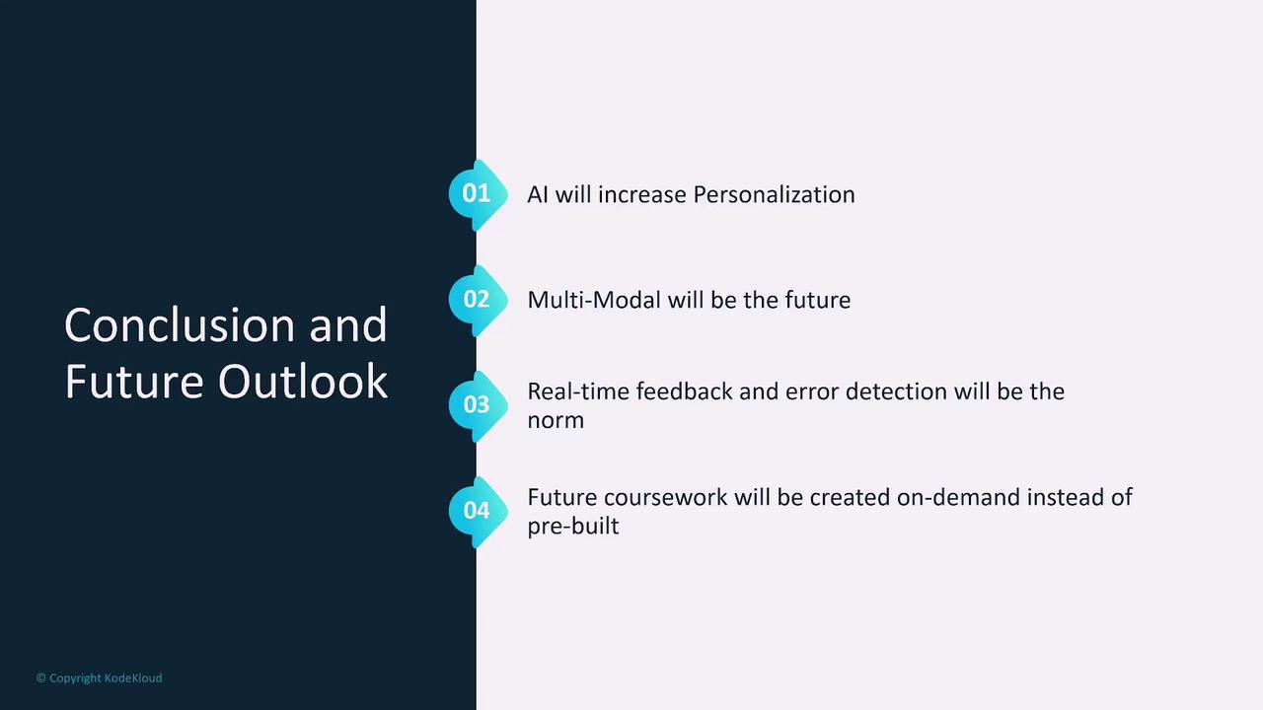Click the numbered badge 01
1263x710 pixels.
click(x=478, y=194)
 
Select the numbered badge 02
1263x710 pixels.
click(x=478, y=300)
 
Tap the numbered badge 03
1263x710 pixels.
click(x=478, y=405)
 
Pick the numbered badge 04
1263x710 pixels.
click(x=478, y=511)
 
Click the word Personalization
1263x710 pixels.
click(x=775, y=195)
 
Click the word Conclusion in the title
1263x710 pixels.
click(x=180, y=325)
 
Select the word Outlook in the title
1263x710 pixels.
click(x=303, y=381)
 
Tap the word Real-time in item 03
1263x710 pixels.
click(x=578, y=391)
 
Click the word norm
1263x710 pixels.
click(x=556, y=421)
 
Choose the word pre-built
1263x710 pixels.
click(x=573, y=527)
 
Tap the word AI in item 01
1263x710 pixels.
click(x=538, y=195)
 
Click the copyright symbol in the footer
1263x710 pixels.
click(x=40, y=677)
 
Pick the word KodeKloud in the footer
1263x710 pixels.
click(x=133, y=677)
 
